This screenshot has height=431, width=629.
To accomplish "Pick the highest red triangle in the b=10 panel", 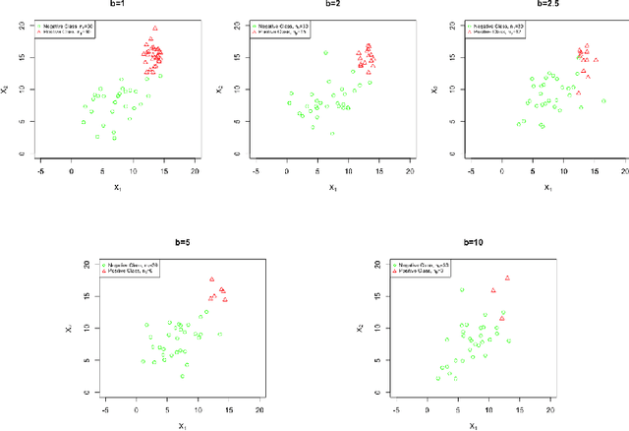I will (x=507, y=278).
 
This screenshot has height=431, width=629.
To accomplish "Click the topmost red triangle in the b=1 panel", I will (x=154, y=29).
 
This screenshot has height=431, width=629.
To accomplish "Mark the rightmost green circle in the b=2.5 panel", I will (x=602, y=100).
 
